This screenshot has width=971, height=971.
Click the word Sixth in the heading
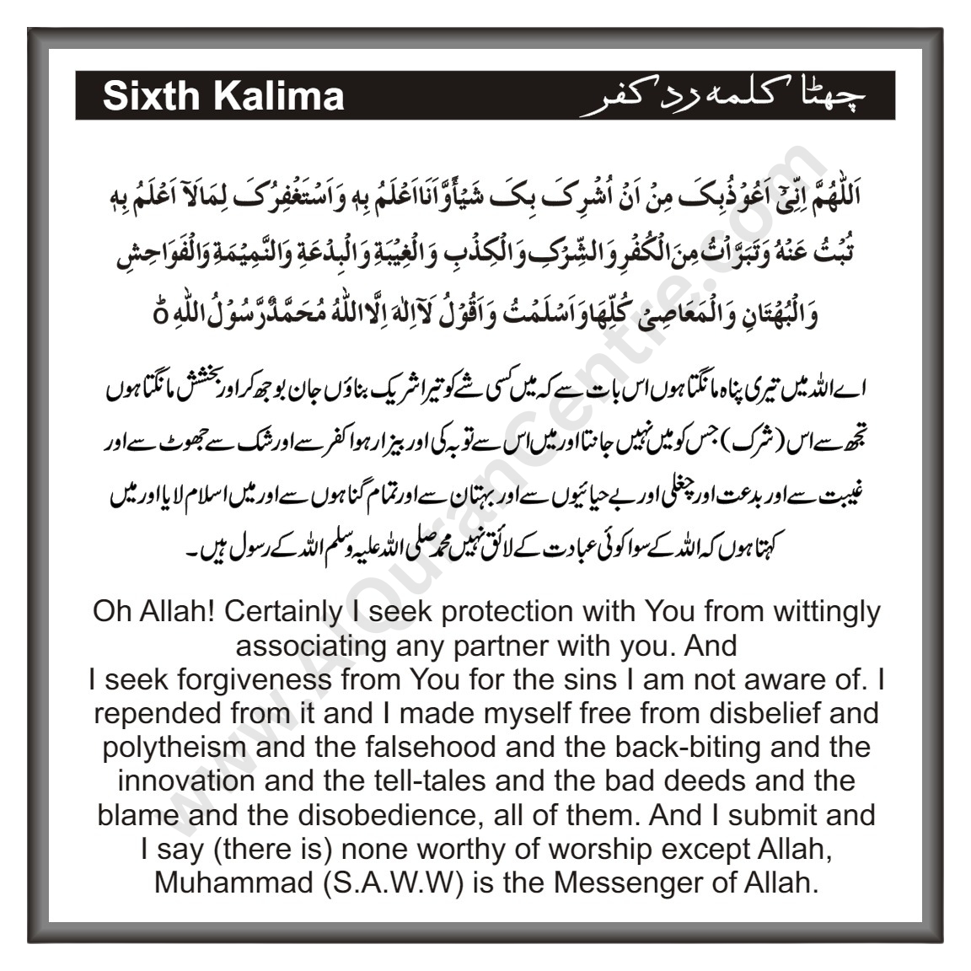click(x=152, y=97)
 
